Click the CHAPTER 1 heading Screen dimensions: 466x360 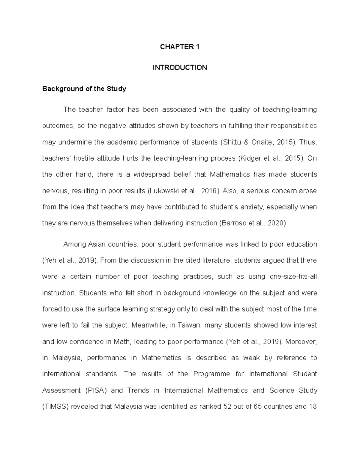(x=180, y=47)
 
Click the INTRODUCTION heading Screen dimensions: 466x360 (x=180, y=68)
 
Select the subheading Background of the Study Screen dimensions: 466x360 (x=84, y=89)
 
